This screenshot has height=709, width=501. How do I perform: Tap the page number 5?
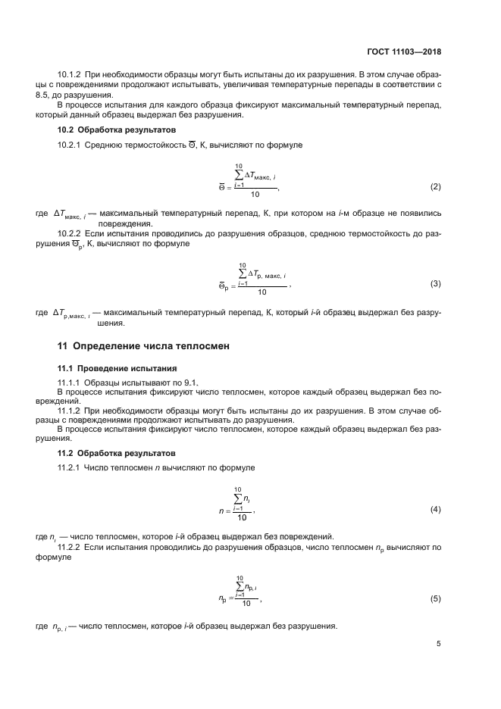pos(439,644)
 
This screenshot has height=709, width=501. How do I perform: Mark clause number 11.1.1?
pos(70,383)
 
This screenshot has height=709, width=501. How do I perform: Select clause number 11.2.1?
pos(71,468)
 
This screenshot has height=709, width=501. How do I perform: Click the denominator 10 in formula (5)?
pos(245,604)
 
